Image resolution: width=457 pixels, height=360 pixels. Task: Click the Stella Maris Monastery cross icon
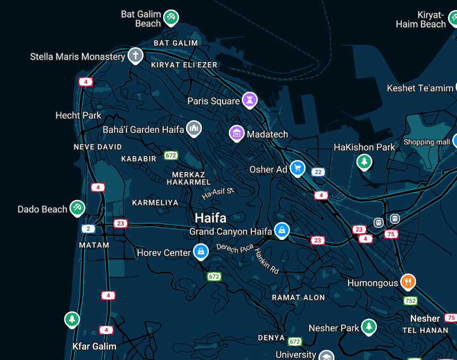[x=136, y=55]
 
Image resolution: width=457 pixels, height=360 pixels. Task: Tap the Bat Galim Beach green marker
[x=171, y=17]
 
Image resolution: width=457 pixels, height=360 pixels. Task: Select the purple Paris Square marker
[x=249, y=99]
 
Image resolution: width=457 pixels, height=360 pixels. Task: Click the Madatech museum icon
[x=236, y=133]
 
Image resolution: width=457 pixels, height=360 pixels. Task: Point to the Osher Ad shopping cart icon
[x=297, y=168]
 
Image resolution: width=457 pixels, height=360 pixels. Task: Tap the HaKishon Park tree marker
[x=364, y=161]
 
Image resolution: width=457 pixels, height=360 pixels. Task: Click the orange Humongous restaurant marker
[x=408, y=281]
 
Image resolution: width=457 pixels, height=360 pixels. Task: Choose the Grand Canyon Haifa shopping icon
[x=282, y=230]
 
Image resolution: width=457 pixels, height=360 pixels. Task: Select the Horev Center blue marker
[x=200, y=251]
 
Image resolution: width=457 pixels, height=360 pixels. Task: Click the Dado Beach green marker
[x=77, y=208]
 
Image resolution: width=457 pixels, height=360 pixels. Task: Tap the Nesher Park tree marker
[x=368, y=327]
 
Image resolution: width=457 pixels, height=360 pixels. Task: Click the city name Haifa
[x=210, y=218]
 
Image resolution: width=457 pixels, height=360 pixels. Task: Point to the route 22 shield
[x=318, y=172]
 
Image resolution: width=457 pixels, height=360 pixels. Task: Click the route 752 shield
[x=410, y=301]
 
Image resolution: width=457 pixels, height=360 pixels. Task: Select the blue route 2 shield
[x=88, y=229]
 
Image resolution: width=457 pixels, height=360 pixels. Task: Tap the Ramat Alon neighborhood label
[x=298, y=298]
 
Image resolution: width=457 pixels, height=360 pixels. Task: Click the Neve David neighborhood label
[x=98, y=147]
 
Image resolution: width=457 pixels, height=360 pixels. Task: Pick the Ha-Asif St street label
[x=218, y=194]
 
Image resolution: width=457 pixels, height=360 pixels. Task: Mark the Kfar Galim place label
[x=94, y=346]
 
